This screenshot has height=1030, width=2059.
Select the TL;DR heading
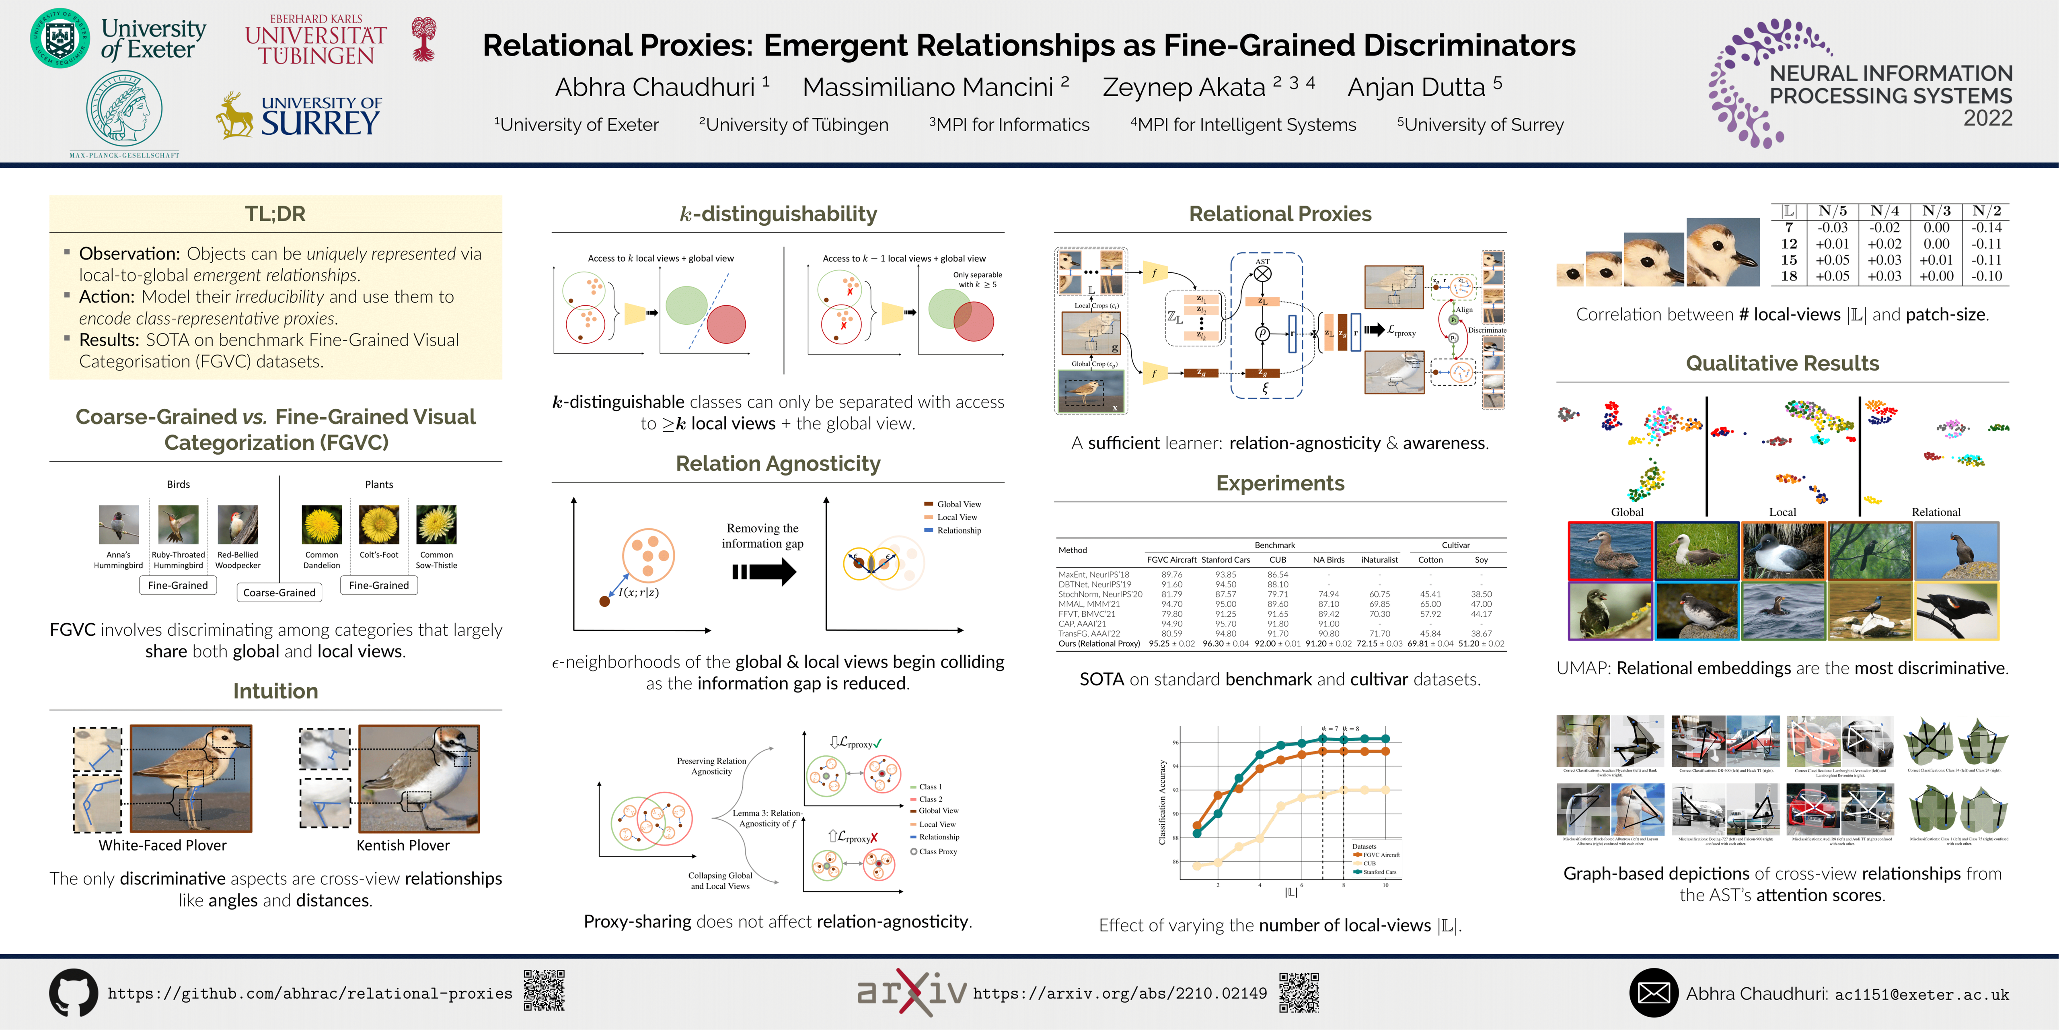275,214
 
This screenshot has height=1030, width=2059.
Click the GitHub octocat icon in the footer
74,993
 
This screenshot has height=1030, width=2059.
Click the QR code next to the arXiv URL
1299,993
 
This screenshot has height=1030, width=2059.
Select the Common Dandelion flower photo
321,525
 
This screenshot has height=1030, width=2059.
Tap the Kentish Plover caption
403,845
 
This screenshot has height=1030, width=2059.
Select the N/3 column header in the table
1936,211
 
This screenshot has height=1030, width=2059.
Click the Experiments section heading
1280,483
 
